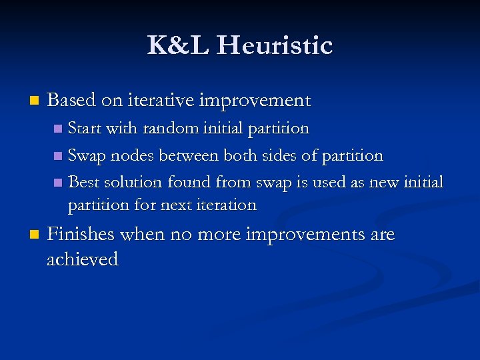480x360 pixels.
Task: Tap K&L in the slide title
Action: pos(178,46)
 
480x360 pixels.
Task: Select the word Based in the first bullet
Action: pos(72,100)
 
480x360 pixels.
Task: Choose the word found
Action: pos(191,182)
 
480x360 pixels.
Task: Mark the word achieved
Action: pos(82,259)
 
